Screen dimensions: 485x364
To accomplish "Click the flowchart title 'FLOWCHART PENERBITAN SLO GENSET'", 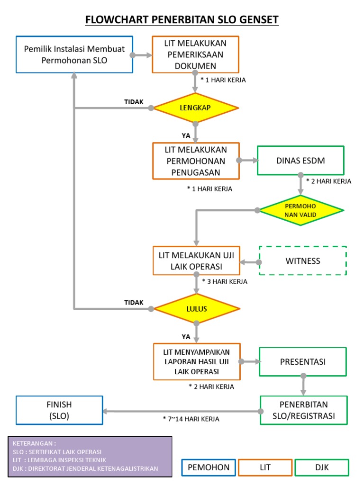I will [182, 19].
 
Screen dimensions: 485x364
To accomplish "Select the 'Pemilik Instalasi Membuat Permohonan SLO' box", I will [74, 54].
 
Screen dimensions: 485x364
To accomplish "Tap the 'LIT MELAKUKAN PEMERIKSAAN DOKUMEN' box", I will [195, 54].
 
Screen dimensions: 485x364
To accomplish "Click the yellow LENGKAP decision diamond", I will [195, 108].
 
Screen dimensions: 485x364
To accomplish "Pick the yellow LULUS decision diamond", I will [195, 309].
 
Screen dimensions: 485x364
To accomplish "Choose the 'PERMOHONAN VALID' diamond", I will [300, 210].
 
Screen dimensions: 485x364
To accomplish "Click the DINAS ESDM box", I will [300, 161].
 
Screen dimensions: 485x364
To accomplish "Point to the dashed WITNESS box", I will [303, 261].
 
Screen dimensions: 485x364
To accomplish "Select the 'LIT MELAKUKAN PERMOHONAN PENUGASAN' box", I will [195, 161].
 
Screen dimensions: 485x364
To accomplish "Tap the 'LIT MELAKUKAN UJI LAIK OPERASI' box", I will [195, 260].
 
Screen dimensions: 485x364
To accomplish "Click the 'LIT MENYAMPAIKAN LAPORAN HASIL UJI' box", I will [196, 361].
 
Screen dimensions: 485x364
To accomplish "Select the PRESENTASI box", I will [303, 362].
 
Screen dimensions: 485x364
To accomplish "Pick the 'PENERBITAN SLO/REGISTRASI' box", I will [303, 410].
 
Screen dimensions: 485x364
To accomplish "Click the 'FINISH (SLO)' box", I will [59, 410].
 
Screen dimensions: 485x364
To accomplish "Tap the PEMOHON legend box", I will [209, 467].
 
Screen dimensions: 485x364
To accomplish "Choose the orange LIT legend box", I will [265, 467].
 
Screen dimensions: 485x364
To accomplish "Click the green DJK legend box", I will [321, 467].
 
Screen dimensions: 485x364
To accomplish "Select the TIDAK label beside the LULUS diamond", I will [134, 302].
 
